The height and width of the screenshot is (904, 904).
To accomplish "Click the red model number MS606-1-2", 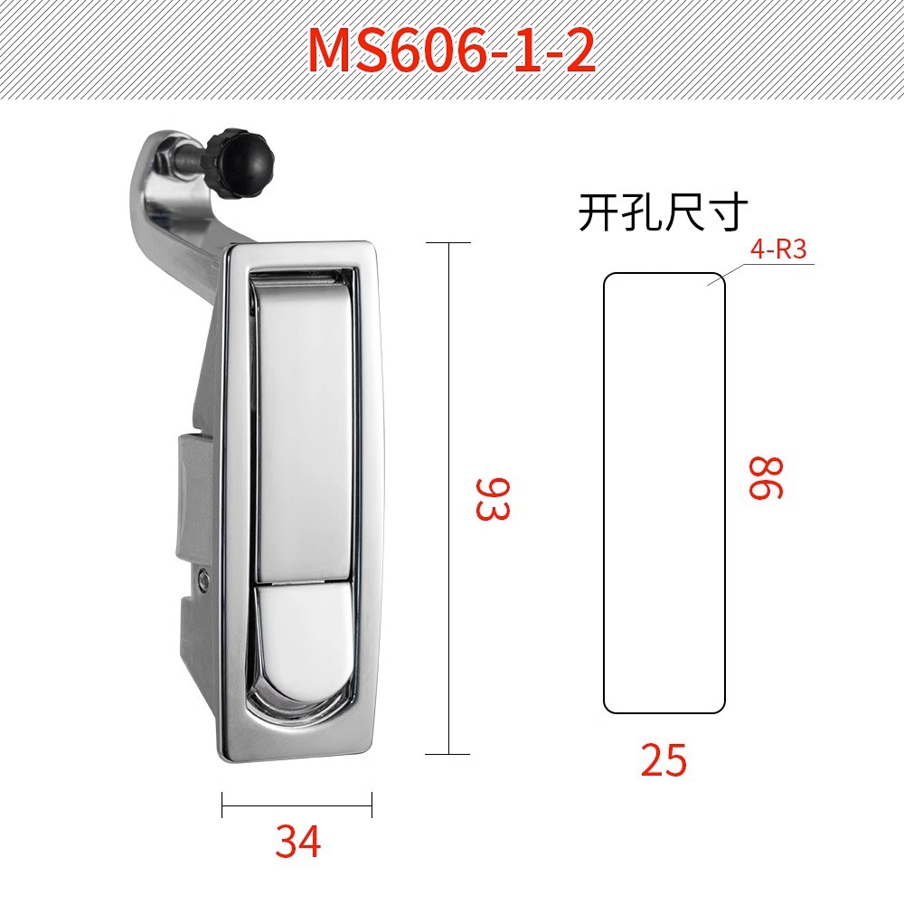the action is pyautogui.click(x=451, y=50).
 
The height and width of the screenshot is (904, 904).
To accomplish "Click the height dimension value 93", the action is pyautogui.click(x=493, y=498).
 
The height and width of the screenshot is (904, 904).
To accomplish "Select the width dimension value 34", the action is pyautogui.click(x=297, y=841).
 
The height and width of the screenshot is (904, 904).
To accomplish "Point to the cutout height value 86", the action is pyautogui.click(x=766, y=477).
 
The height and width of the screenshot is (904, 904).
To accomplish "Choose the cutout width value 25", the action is pyautogui.click(x=664, y=760).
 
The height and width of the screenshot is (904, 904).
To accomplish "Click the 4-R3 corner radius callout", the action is pyautogui.click(x=778, y=250).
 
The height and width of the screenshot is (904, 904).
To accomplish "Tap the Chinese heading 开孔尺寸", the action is pyautogui.click(x=663, y=212).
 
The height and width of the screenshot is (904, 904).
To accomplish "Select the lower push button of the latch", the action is pyautogui.click(x=303, y=631).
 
